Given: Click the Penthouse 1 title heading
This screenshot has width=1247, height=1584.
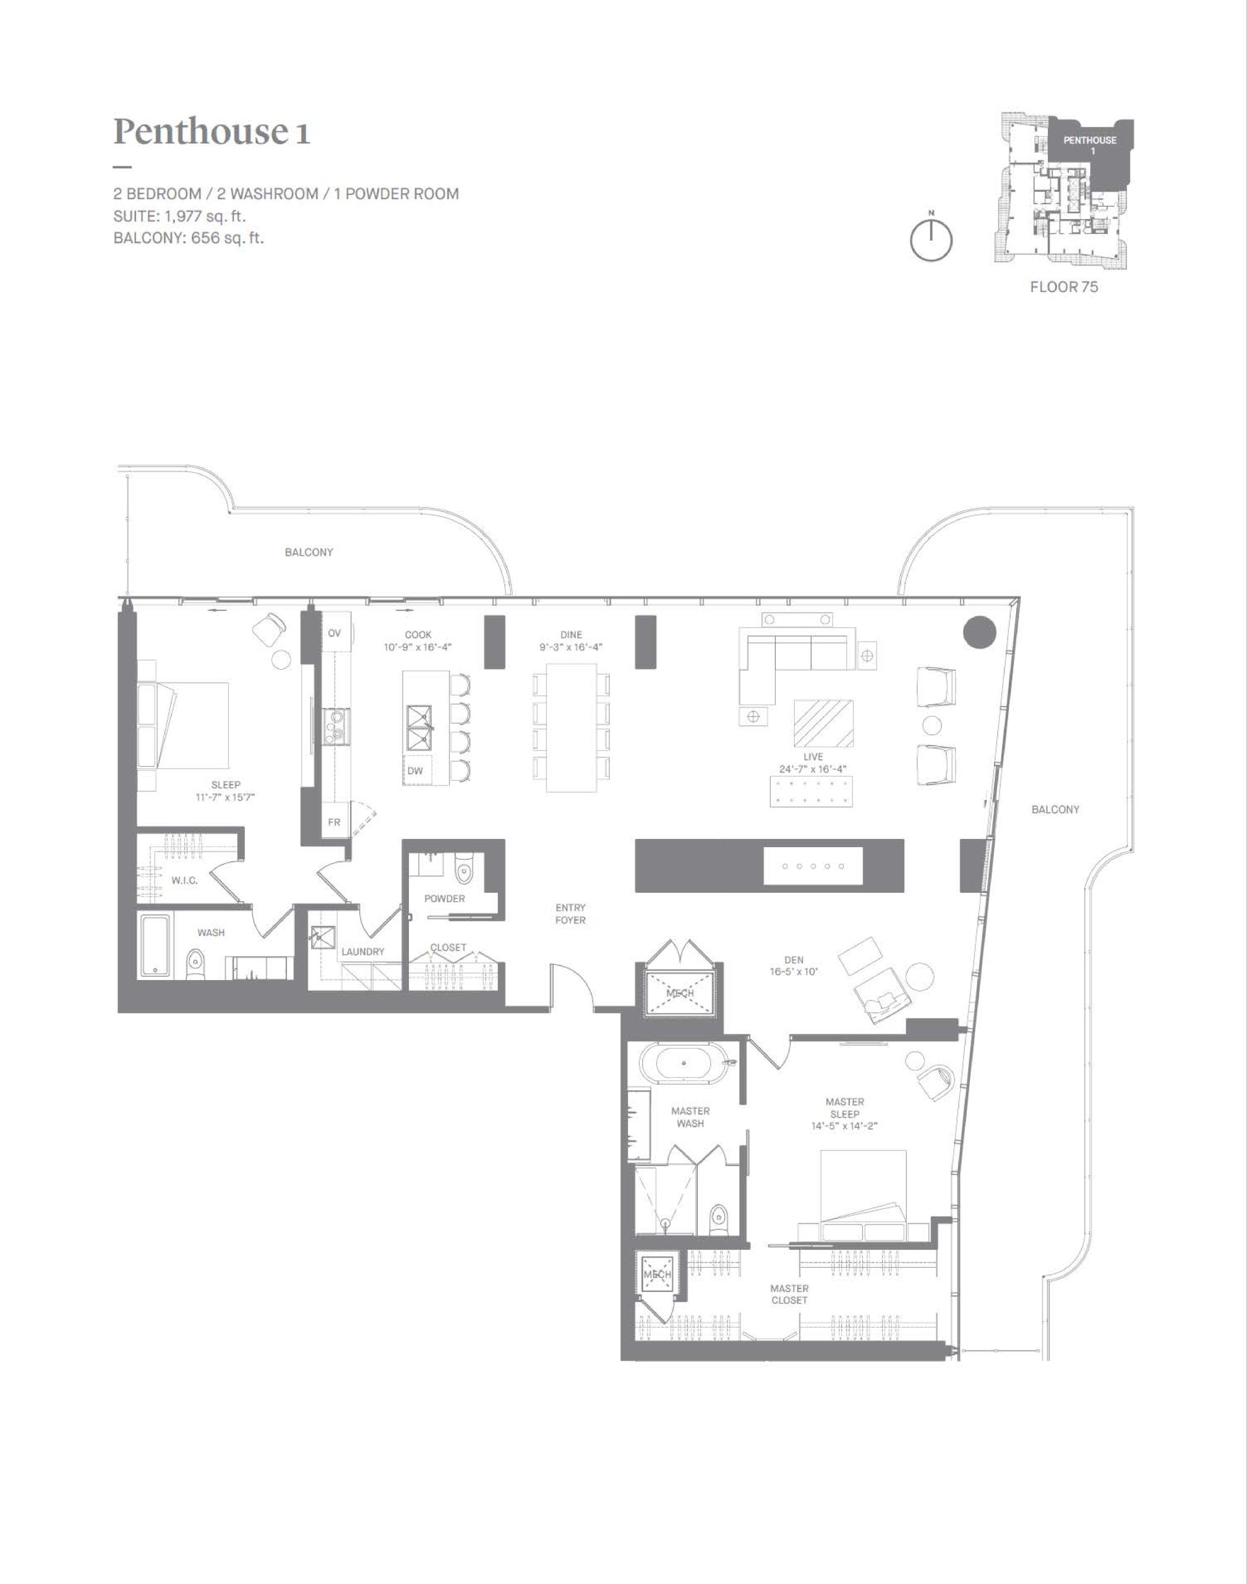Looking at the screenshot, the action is click(212, 131).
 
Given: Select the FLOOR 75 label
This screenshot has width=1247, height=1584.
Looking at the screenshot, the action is click(1064, 287).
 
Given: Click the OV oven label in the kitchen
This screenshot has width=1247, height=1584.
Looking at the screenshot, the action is click(335, 633).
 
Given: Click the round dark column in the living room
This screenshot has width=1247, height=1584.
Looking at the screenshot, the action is click(979, 632).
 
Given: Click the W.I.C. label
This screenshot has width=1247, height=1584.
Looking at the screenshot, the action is click(185, 880).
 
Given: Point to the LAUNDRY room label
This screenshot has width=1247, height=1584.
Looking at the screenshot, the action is click(363, 952).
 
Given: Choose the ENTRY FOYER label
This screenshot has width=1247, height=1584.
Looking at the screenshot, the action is click(570, 914).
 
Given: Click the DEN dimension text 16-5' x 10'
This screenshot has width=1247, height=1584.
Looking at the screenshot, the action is click(794, 972).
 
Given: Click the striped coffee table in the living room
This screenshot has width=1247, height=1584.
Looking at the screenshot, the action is click(823, 722).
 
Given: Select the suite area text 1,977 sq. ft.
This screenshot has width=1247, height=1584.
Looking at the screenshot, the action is click(201, 216).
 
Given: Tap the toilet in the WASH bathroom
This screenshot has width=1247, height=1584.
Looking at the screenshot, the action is click(195, 964).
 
